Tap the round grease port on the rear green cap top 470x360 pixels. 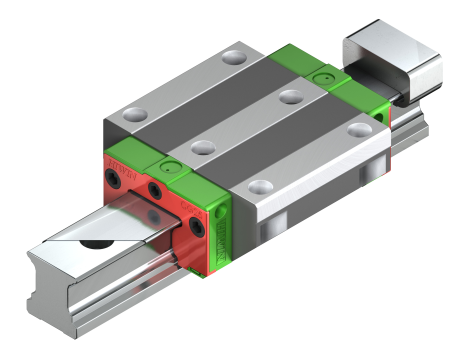tap(320, 76)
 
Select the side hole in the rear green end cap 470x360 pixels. tap(377, 118)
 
